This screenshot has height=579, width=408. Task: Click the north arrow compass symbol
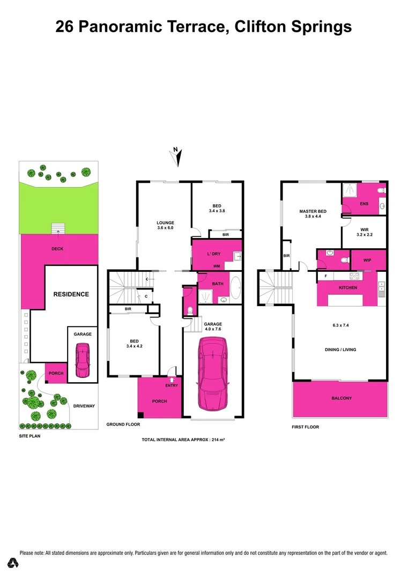tap(176, 155)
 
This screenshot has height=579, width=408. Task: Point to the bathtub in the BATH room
tap(236, 287)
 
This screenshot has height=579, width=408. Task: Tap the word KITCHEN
tap(347, 288)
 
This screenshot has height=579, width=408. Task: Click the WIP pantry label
tap(367, 260)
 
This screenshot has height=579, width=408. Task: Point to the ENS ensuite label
tap(364, 204)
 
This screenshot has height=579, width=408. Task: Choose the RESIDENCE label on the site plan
tap(71, 294)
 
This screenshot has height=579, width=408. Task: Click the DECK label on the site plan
tap(57, 249)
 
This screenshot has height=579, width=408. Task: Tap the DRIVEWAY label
tap(84, 406)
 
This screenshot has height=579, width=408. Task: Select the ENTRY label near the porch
tap(172, 385)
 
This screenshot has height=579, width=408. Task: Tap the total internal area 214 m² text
tap(183, 440)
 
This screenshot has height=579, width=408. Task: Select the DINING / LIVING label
tap(341, 350)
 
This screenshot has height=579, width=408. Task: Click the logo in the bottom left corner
tap(12, 563)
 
